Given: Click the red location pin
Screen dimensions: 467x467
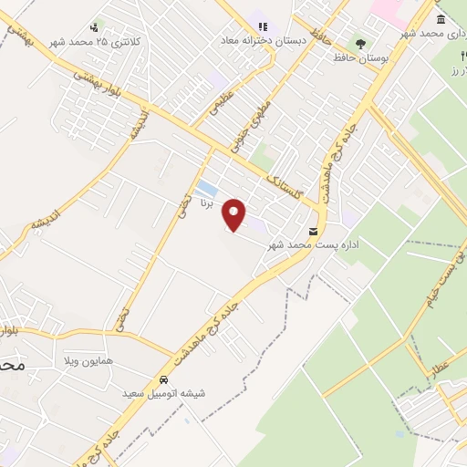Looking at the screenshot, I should pyautogui.click(x=234, y=213).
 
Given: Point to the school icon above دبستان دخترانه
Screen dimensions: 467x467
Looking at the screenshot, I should pyautogui.click(x=262, y=26).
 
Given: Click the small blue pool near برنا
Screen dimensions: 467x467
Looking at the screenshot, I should pyautogui.click(x=207, y=189).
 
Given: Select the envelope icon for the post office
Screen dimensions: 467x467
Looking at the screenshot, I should pyautogui.click(x=314, y=230).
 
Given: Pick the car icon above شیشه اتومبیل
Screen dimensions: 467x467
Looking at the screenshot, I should pyautogui.click(x=163, y=379).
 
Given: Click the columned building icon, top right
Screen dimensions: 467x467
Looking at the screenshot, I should pyautogui.click(x=441, y=19).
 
